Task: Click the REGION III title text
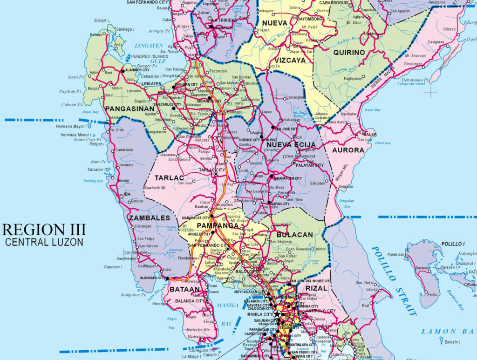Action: [x=44, y=230]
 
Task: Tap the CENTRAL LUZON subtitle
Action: [x=44, y=242]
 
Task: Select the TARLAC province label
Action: [x=169, y=178]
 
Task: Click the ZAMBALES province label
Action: [x=149, y=218]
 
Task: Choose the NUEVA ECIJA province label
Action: [x=291, y=145]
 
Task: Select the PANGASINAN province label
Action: [x=128, y=109]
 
